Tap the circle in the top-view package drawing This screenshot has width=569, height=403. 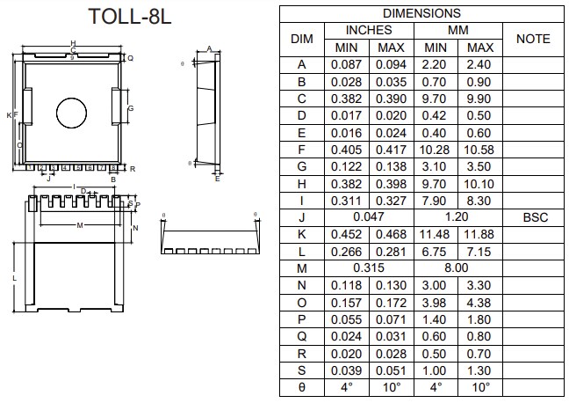click(72, 111)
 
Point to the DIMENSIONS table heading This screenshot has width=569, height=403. click(421, 13)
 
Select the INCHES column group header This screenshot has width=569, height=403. click(369, 30)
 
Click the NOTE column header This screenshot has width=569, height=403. click(533, 39)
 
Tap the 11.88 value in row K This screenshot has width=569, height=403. click(480, 234)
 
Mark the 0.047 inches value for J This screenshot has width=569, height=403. click(369, 217)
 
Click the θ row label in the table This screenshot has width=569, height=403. click(302, 387)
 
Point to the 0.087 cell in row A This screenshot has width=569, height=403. click(348, 63)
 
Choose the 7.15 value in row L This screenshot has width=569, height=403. click(480, 251)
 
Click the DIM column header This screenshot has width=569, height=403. click(302, 39)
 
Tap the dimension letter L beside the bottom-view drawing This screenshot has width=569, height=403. click(14, 278)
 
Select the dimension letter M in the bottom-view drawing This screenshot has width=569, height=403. click(79, 226)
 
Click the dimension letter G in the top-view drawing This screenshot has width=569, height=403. click(130, 109)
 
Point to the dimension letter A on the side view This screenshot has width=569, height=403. click(209, 49)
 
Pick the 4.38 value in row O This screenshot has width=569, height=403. click(480, 301)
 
